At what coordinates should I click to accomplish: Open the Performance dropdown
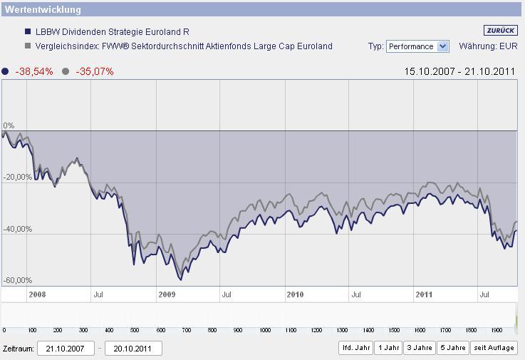[x=417, y=46]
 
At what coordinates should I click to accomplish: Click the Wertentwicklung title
[x=43, y=10]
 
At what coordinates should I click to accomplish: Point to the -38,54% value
[x=33, y=71]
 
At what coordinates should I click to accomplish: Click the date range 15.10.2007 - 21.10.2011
[x=460, y=71]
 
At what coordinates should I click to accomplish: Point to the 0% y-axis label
[x=9, y=125]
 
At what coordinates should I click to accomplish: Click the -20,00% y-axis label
[x=18, y=177]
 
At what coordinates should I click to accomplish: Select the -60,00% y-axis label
[x=18, y=280]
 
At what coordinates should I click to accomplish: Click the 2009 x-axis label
[x=167, y=294]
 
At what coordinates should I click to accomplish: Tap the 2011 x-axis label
[x=424, y=294]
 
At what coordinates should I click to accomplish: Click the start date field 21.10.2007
[x=66, y=348]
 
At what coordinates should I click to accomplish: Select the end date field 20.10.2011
[x=133, y=348]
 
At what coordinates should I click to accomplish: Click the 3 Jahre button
[x=418, y=348]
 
